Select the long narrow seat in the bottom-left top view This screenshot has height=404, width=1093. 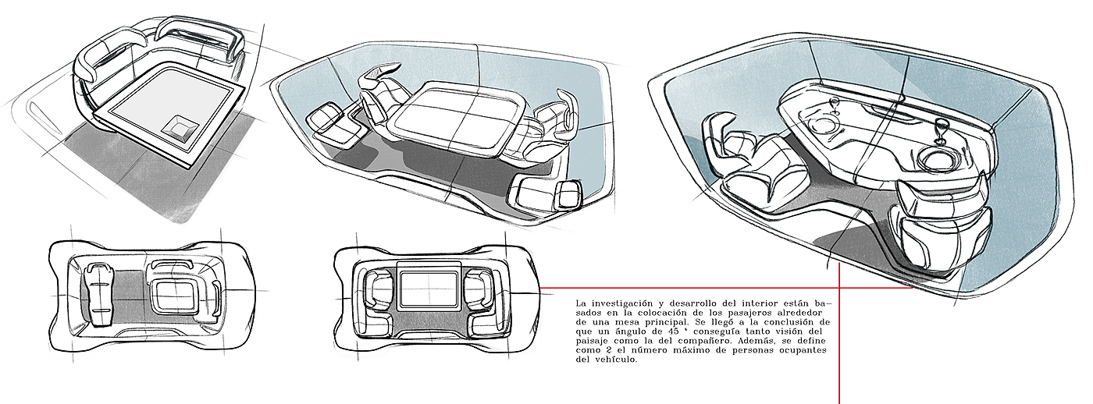98,292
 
